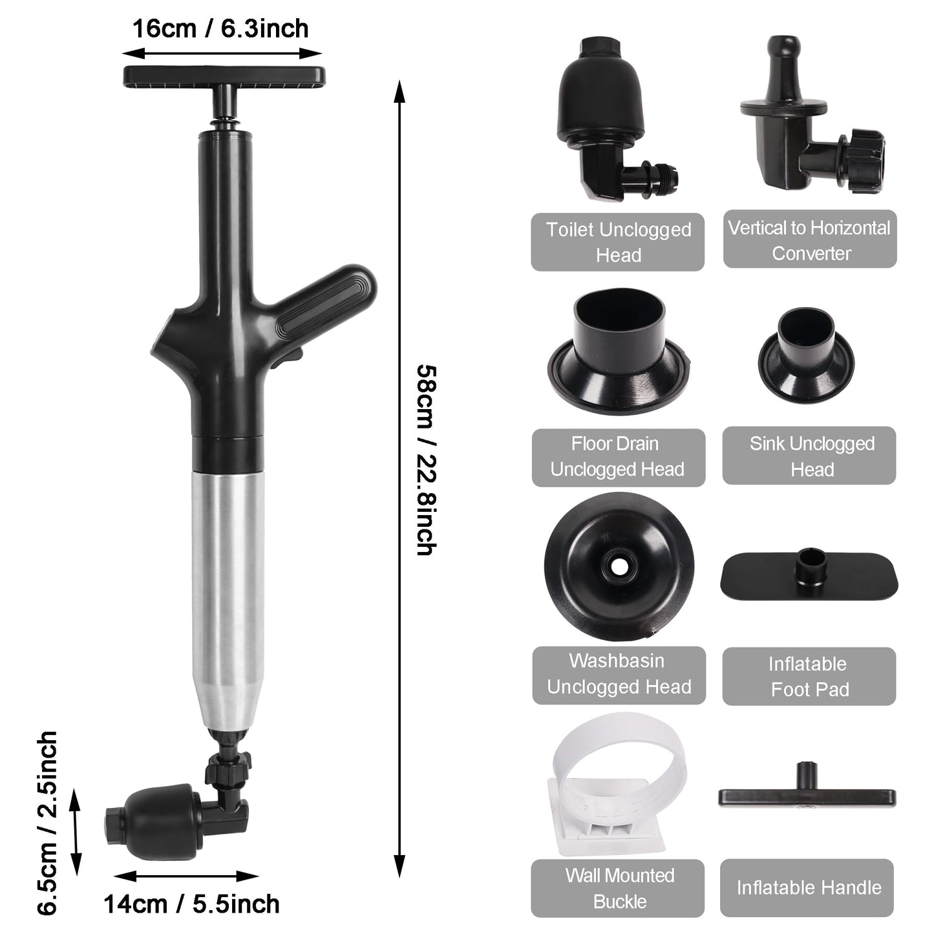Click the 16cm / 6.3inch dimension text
click(x=220, y=29)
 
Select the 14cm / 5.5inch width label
click(x=191, y=903)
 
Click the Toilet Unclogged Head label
click(x=617, y=242)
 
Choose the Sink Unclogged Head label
click(x=809, y=456)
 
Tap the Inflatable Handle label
click(x=808, y=887)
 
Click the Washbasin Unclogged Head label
click(x=619, y=674)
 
